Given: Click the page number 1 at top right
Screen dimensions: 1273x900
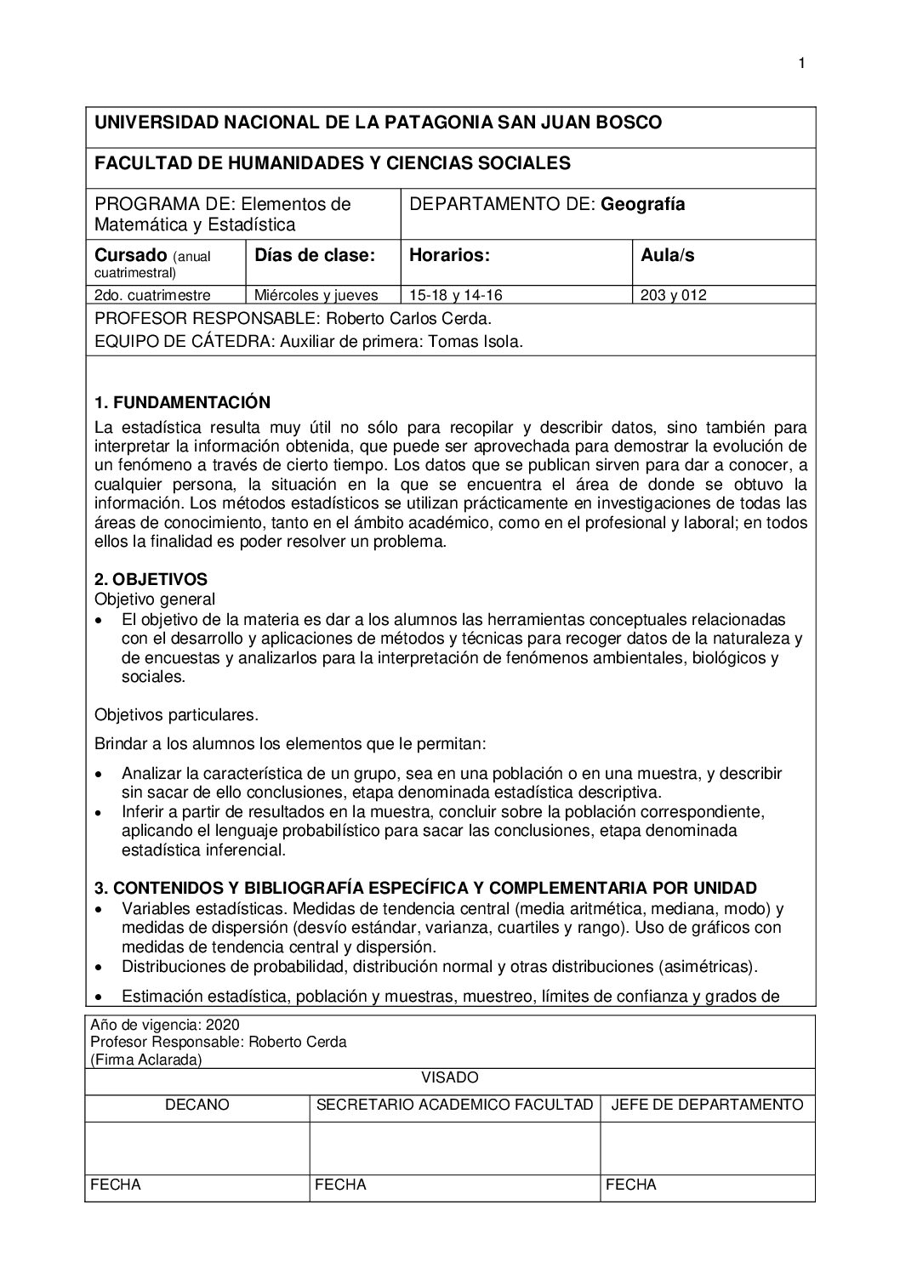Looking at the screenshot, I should [x=801, y=63].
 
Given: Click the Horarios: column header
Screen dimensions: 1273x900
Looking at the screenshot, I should [x=449, y=255].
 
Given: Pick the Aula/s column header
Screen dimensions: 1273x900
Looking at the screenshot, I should [x=668, y=255].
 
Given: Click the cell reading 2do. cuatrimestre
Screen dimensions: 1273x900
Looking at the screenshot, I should [x=152, y=296].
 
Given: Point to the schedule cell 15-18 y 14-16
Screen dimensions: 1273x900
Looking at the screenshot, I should [x=456, y=296].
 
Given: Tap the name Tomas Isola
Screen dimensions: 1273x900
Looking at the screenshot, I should [x=485, y=342].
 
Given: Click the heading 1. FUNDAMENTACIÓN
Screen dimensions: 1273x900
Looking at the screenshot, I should [x=182, y=402].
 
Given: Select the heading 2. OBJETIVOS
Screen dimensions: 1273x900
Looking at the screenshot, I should [x=151, y=580].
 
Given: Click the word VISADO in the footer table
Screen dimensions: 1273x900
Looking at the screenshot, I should [x=450, y=1077].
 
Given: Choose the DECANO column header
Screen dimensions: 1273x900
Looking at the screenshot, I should [x=197, y=1105].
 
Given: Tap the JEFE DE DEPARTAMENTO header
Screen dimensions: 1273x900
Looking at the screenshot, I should [x=707, y=1105].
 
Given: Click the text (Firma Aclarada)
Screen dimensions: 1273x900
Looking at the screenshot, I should [x=145, y=1060].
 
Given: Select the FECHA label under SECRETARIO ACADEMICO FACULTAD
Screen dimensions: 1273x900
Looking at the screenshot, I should [x=340, y=1185].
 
